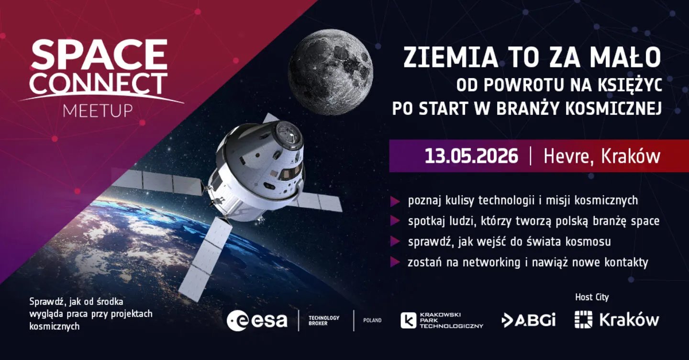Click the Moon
(330, 72)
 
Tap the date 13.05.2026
(471, 156)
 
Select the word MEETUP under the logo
(98, 111)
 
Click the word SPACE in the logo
(99, 54)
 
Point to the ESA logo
(257, 320)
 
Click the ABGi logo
(528, 320)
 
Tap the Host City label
(592, 297)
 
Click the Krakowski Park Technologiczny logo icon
(408, 321)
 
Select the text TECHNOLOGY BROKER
(324, 320)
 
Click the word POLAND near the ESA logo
(372, 320)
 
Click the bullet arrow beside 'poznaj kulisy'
(395, 202)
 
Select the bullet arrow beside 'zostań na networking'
(395, 262)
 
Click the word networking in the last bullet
(491, 263)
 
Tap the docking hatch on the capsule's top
(289, 135)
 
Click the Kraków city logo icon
(584, 319)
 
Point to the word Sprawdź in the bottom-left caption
(47, 302)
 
